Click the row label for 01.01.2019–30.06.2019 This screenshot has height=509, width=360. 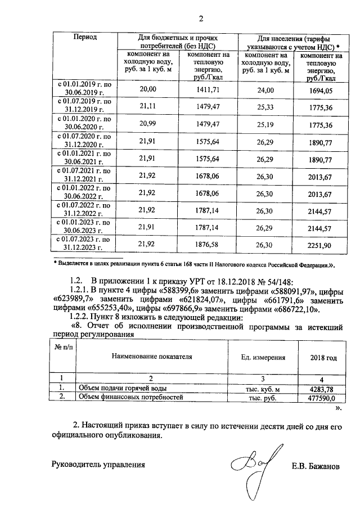84,89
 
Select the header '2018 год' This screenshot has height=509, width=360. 323,357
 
